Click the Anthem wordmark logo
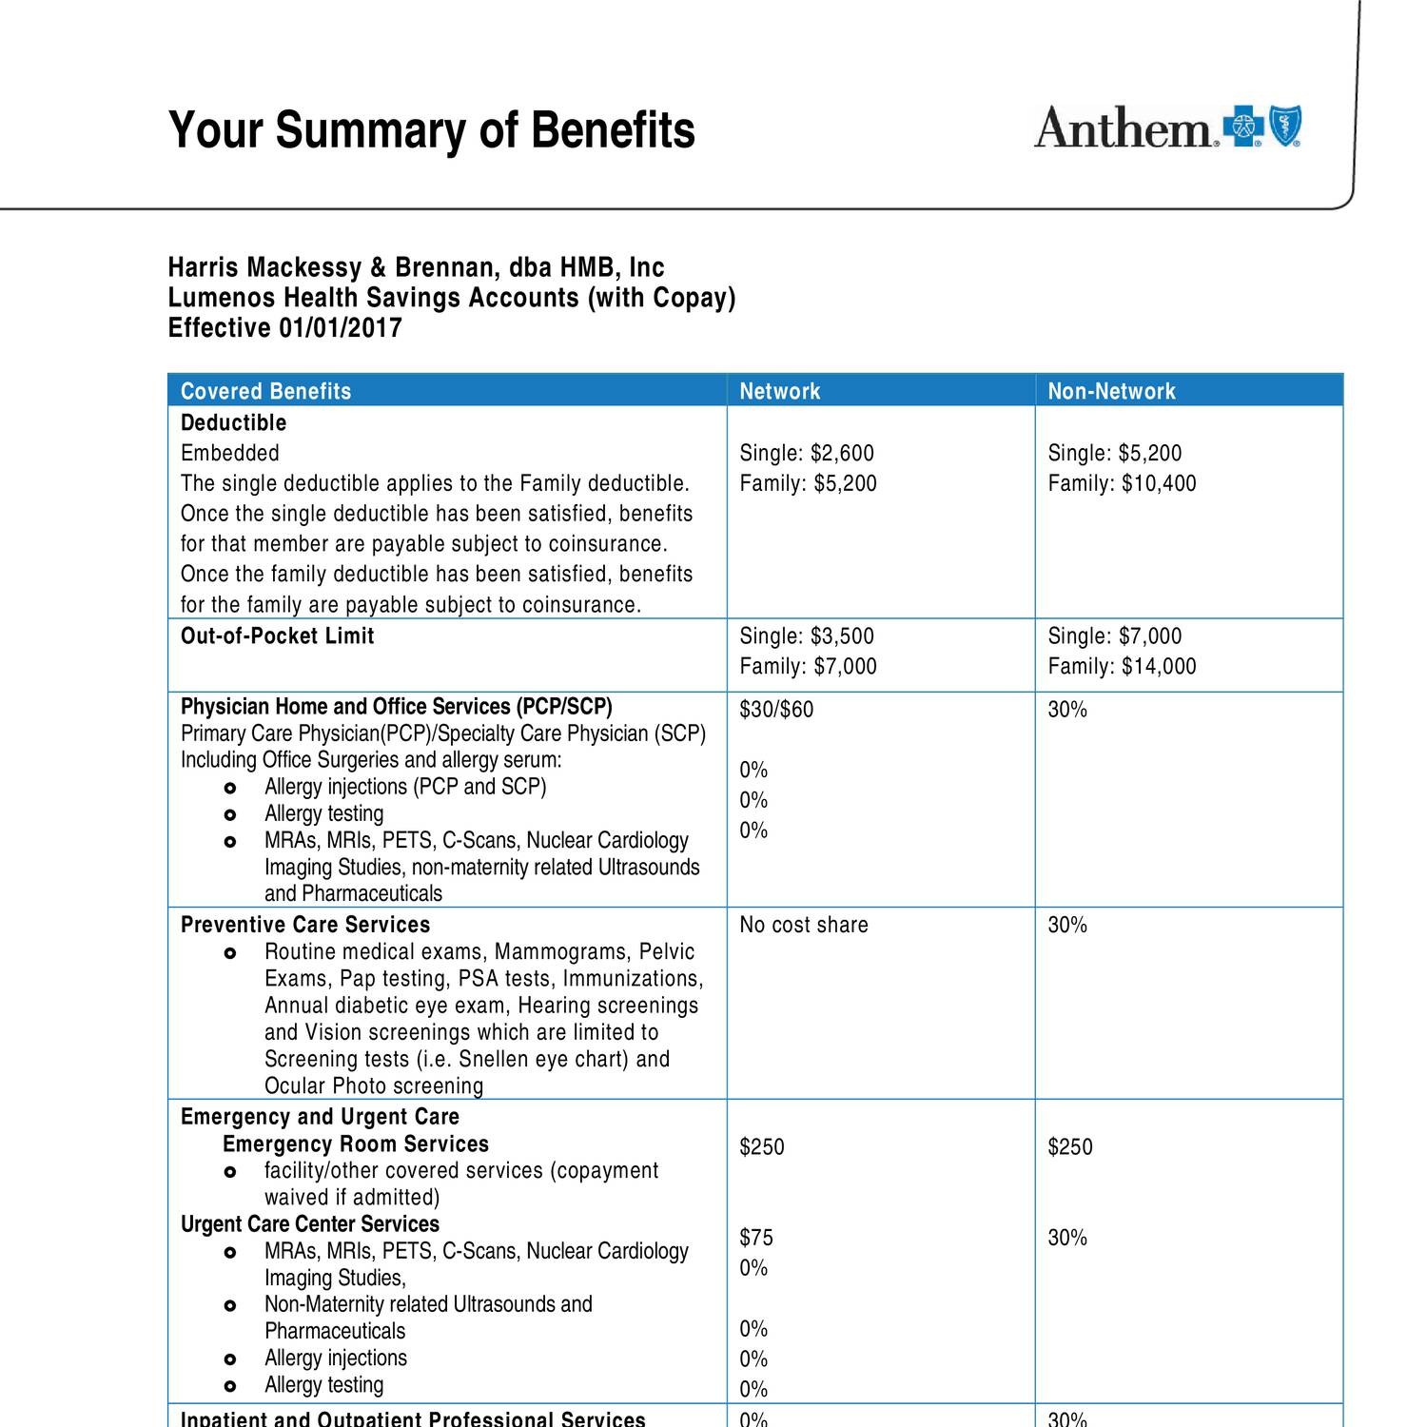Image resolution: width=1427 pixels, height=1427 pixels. tap(1125, 127)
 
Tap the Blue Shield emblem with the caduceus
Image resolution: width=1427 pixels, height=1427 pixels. tap(1285, 127)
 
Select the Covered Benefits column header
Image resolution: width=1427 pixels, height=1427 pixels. tap(265, 391)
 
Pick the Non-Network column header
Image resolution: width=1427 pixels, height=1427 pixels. tap(1111, 391)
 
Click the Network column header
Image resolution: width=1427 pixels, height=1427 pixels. tap(779, 391)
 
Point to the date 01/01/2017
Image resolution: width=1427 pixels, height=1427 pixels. tap(340, 328)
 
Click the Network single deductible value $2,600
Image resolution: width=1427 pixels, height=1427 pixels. tap(842, 453)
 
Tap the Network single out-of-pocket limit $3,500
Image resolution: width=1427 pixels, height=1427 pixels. tap(842, 635)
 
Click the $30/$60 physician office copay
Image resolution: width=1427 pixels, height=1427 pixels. tap(776, 710)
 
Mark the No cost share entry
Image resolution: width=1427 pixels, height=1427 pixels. tap(803, 925)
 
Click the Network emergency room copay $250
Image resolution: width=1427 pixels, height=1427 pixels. tap(762, 1146)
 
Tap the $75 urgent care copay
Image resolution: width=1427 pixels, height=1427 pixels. tap(756, 1237)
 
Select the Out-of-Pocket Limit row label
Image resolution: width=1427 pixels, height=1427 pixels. tap(277, 635)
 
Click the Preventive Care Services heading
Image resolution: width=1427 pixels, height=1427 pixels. tap(304, 925)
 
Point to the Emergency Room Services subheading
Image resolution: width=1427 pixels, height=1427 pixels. tap(355, 1144)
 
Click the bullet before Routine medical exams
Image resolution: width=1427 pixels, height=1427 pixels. tap(229, 953)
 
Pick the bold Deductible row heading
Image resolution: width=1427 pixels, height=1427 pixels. tap(233, 422)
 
